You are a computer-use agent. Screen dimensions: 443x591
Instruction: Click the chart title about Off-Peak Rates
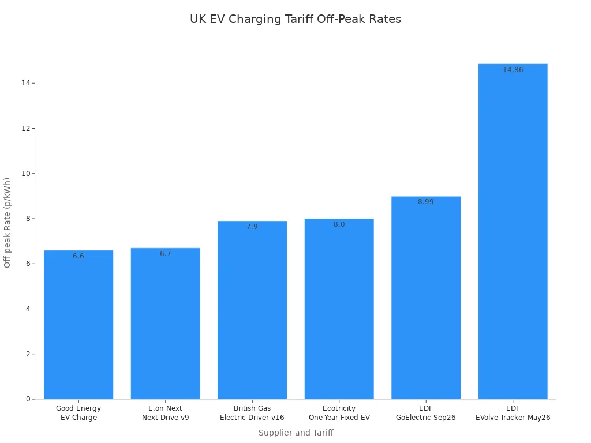(x=295, y=19)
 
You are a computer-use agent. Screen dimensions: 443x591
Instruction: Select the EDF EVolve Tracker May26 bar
(x=513, y=231)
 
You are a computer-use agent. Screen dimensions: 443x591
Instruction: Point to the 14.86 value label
(x=513, y=70)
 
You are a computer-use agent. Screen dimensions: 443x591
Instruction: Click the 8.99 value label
(x=426, y=202)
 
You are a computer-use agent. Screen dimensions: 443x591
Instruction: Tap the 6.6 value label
(x=78, y=256)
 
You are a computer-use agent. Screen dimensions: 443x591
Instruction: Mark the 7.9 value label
(x=252, y=227)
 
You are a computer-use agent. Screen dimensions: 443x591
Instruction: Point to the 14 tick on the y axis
(x=25, y=83)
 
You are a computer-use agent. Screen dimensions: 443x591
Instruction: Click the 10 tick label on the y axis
(x=25, y=174)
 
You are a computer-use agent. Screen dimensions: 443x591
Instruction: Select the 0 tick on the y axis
(x=27, y=399)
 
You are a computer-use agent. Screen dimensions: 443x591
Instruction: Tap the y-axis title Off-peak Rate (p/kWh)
(x=8, y=222)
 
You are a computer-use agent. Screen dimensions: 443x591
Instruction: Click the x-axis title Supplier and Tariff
(x=295, y=433)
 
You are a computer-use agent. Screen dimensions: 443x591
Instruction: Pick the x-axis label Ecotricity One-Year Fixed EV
(x=339, y=413)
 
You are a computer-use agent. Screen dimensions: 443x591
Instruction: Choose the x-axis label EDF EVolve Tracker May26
(x=513, y=413)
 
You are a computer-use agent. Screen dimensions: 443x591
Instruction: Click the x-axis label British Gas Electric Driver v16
(x=252, y=413)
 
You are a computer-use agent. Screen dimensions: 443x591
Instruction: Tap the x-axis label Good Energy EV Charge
(x=78, y=413)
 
